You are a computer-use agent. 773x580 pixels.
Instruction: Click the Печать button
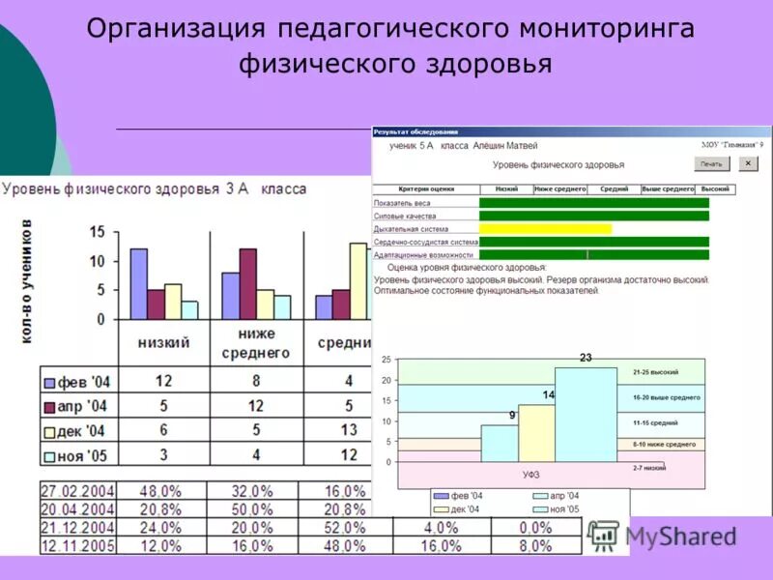pyautogui.click(x=711, y=164)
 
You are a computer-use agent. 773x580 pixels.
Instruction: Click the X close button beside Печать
pyautogui.click(x=748, y=164)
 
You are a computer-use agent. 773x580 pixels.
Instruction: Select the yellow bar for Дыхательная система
pyautogui.click(x=545, y=229)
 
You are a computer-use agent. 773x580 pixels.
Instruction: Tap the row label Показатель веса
pyautogui.click(x=402, y=203)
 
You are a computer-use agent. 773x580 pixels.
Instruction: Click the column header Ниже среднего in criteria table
pyautogui.click(x=559, y=189)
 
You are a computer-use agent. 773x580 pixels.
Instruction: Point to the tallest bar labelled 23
pyautogui.click(x=586, y=414)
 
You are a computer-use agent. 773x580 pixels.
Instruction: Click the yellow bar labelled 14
pyautogui.click(x=536, y=432)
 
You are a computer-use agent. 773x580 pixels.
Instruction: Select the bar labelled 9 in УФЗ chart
pyautogui.click(x=499, y=443)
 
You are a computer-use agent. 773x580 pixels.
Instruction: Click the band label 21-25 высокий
pyautogui.click(x=656, y=372)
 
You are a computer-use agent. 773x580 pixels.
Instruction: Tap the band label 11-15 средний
pyautogui.click(x=655, y=422)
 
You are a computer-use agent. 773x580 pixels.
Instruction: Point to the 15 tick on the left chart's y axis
pyautogui.click(x=97, y=232)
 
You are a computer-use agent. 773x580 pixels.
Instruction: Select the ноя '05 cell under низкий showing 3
pyautogui.click(x=163, y=454)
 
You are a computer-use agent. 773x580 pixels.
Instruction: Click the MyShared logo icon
pyautogui.click(x=604, y=535)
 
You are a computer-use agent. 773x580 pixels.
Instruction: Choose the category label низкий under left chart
pyautogui.click(x=163, y=342)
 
